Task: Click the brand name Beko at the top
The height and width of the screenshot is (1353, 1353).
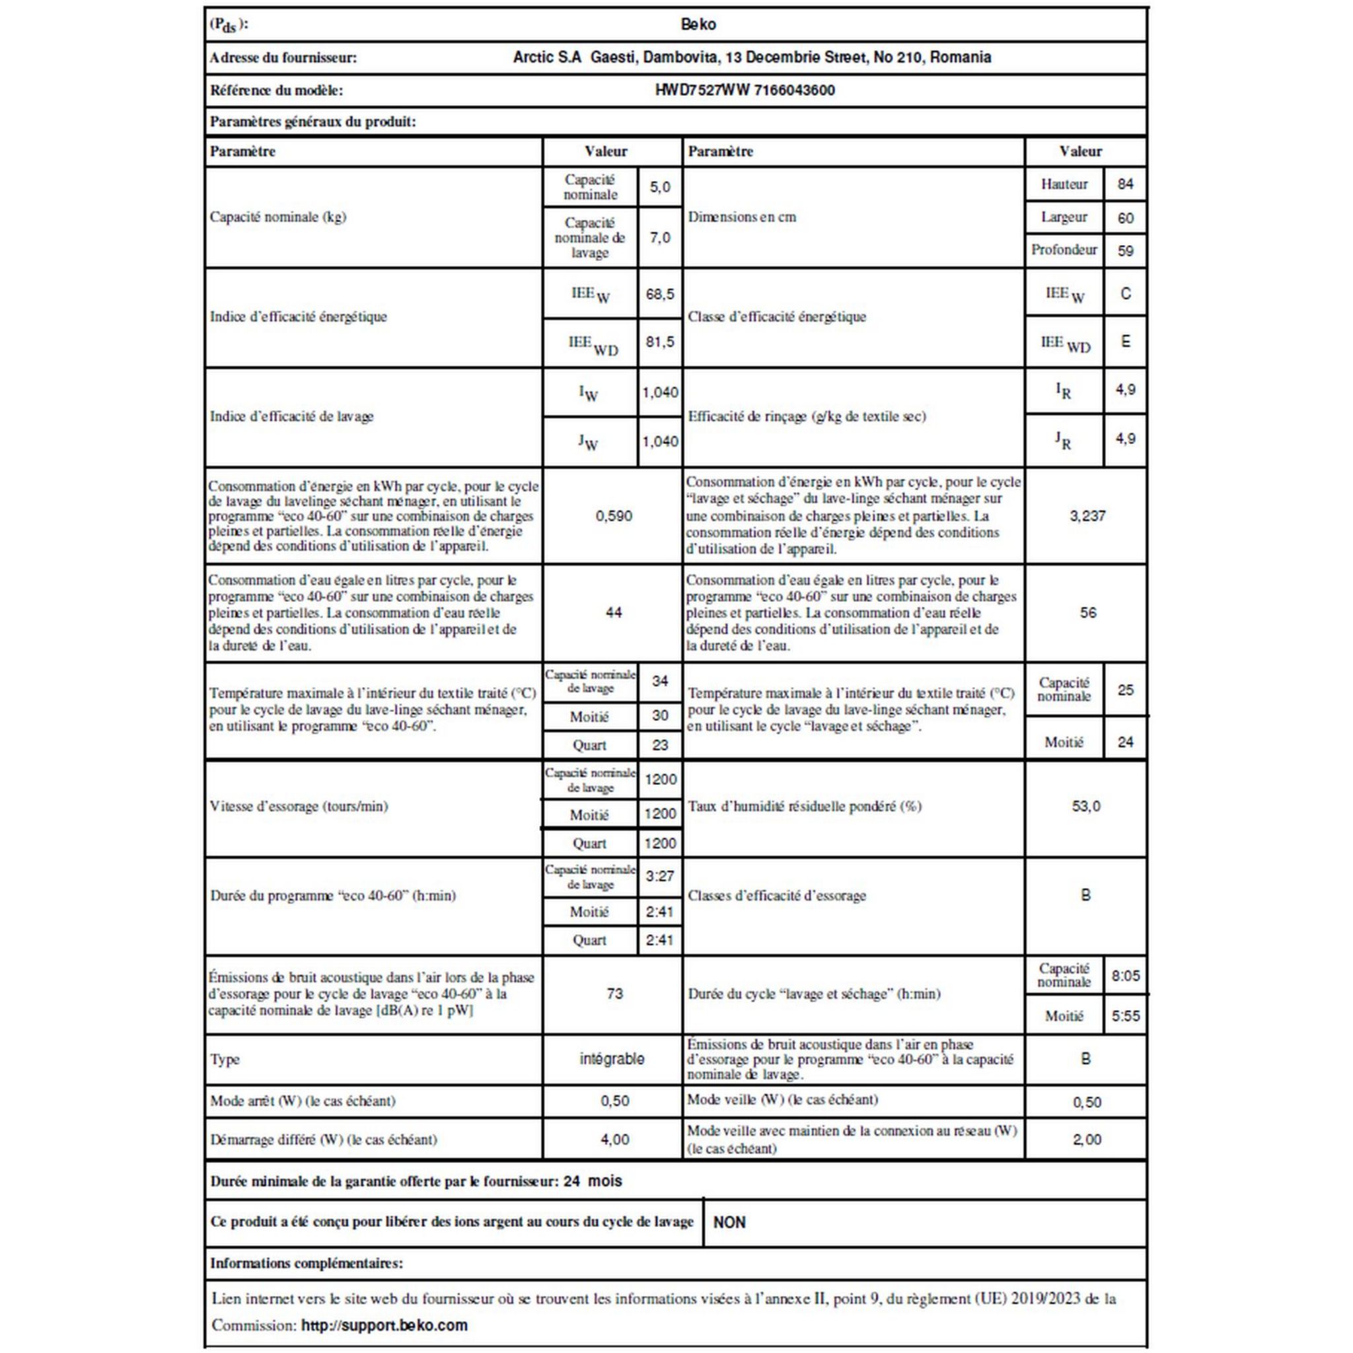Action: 698,24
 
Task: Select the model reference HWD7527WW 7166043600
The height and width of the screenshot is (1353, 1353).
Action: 745,91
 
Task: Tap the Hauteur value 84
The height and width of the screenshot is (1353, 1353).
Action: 1124,184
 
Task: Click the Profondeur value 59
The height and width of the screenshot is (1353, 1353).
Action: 1124,250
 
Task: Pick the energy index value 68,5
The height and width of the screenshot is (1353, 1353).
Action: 660,294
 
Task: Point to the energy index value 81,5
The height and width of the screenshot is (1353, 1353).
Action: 660,342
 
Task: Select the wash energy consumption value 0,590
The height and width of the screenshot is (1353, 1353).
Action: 614,516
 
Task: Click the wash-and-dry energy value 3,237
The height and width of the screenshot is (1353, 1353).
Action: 1087,516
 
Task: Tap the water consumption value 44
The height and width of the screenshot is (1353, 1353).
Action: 614,613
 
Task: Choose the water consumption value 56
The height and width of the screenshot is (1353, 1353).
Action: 1087,613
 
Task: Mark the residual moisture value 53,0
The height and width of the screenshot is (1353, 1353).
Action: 1085,806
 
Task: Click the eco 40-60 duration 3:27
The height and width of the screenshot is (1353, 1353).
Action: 660,876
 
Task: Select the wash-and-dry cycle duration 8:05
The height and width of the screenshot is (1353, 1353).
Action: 1124,976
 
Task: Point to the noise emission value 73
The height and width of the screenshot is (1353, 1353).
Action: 614,993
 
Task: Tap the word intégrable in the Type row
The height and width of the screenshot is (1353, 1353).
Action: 611,1059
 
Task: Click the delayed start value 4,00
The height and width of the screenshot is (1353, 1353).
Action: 614,1140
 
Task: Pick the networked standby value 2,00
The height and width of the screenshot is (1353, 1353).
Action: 1086,1140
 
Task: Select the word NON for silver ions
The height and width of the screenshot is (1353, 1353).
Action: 729,1222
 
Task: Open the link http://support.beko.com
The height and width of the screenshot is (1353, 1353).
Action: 384,1325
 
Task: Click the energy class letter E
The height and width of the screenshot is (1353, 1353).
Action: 1124,342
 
